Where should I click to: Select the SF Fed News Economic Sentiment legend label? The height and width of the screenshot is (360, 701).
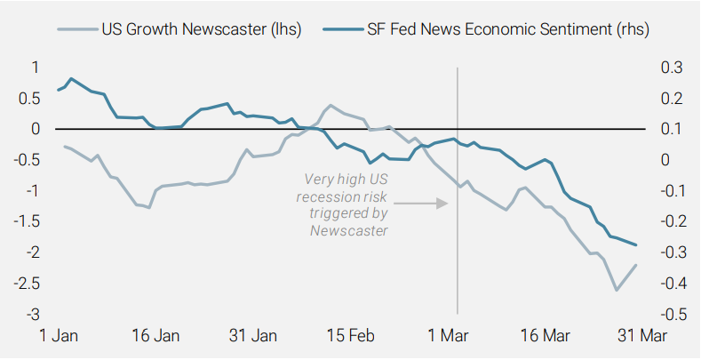507,29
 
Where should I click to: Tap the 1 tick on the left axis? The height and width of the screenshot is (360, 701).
35,68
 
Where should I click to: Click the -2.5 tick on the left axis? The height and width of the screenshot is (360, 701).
27,284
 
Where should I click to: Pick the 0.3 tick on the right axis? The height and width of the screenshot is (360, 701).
669,68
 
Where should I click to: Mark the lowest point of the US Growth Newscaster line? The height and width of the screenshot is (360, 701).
616,290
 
